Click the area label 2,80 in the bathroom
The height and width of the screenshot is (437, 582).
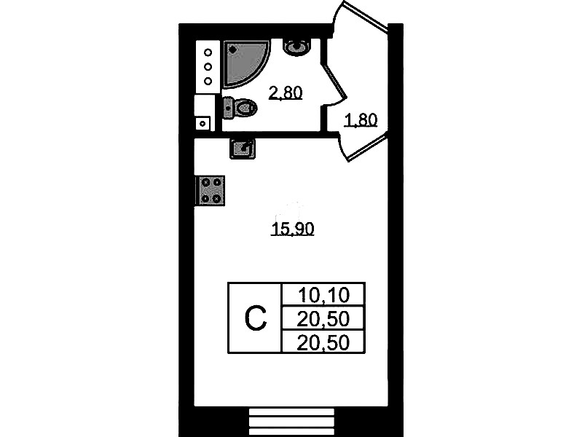(286, 92)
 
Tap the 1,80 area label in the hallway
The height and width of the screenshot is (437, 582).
(361, 120)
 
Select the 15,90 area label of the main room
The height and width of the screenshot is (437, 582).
(293, 229)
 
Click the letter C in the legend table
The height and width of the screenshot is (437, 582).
(256, 318)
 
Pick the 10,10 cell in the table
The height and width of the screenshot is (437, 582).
(323, 295)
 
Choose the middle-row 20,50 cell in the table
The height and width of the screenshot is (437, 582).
(323, 318)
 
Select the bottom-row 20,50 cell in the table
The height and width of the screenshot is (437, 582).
(323, 342)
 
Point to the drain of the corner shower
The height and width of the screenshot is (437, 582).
(232, 49)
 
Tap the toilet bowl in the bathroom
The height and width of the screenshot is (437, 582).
(245, 108)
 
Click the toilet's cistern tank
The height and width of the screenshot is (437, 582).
(228, 108)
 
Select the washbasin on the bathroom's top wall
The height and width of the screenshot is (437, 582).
(296, 47)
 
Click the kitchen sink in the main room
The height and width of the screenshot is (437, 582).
(243, 149)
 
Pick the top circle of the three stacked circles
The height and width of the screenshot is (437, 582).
(208, 52)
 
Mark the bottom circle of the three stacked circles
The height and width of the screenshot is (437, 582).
(208, 81)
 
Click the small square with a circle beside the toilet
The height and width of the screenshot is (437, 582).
(202, 124)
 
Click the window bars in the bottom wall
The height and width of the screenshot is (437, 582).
(291, 422)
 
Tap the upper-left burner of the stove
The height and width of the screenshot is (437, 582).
(205, 183)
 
